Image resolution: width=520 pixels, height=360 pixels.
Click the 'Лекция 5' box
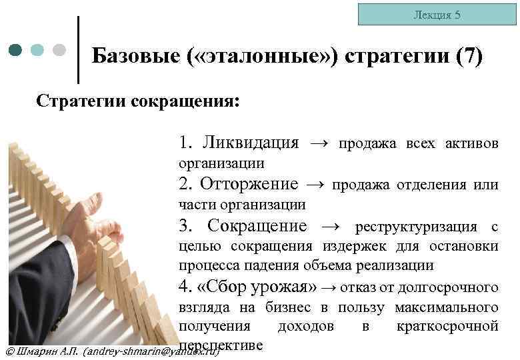point(436,15)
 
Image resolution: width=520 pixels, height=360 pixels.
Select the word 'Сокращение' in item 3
point(257,226)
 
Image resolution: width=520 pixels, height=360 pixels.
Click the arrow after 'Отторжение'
point(315,184)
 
